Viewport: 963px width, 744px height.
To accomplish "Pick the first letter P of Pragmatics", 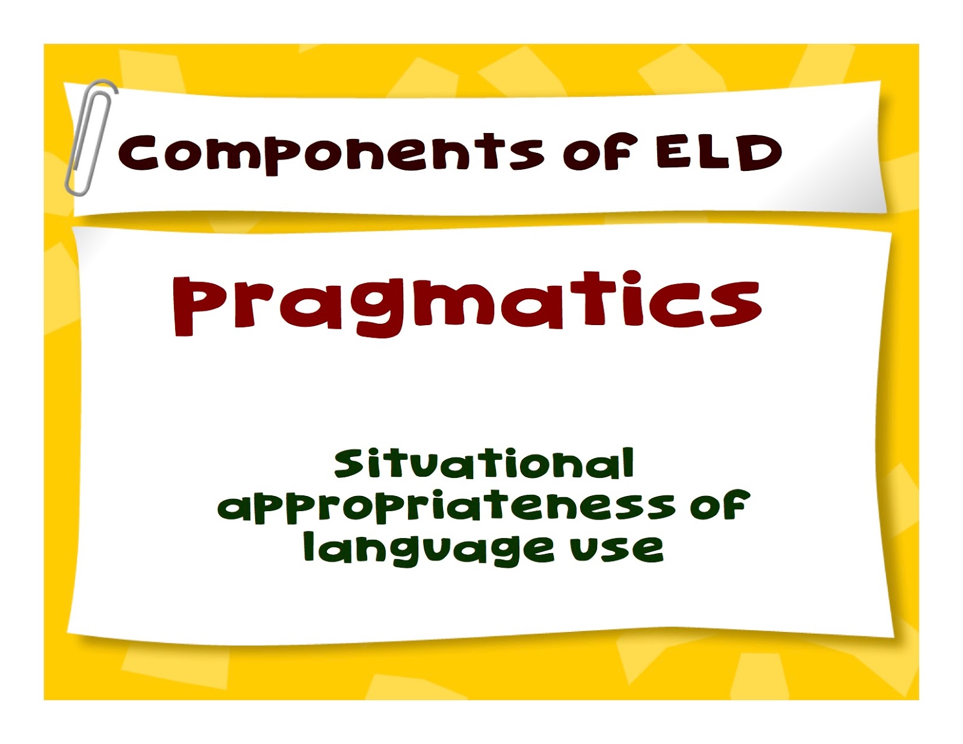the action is pos(194,306).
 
